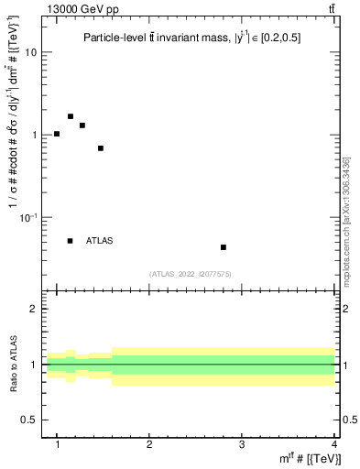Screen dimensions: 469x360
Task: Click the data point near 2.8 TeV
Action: coord(223,247)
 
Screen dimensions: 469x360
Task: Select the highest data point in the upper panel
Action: coord(71,116)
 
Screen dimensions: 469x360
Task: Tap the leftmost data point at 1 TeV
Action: coord(57,134)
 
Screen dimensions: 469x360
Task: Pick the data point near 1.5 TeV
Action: coord(101,148)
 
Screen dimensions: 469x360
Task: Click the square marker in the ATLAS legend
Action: coord(71,241)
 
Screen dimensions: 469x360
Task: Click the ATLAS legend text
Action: coord(100,241)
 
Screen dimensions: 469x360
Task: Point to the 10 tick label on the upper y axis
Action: coord(31,52)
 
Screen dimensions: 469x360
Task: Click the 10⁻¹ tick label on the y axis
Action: coord(28,216)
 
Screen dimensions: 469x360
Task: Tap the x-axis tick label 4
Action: coord(333,443)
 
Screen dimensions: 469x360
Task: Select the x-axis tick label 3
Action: coord(242,443)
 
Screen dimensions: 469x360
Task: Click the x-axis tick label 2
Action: coord(149,443)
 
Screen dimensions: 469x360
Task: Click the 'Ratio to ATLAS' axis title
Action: coord(13,365)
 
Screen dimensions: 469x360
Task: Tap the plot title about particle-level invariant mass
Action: coord(191,38)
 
